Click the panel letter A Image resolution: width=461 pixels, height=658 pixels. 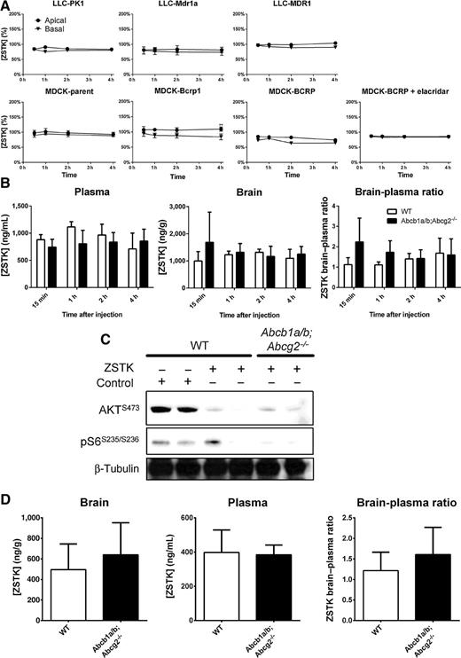pos(6,7)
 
